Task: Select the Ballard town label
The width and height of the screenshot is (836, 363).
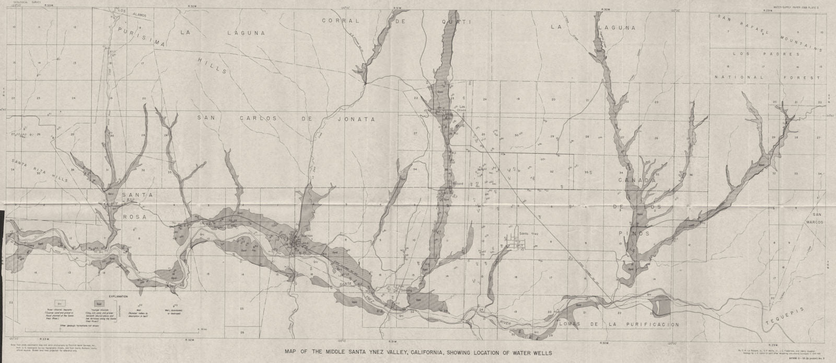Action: tap(458, 184)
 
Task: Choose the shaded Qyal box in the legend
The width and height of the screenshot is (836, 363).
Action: tap(98, 303)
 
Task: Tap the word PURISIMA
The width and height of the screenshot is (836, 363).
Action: tap(135, 35)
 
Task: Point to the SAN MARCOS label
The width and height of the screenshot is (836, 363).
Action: tap(817, 218)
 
